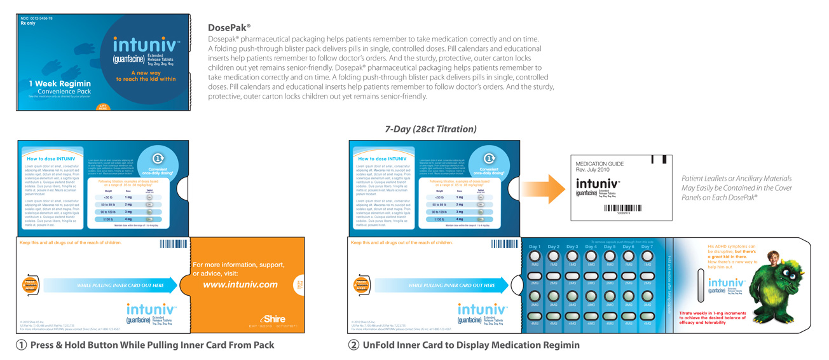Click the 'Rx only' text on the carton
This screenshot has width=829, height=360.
[28, 24]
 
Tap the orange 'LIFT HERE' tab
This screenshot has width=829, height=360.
[103, 107]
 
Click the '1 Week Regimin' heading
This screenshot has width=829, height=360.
[60, 83]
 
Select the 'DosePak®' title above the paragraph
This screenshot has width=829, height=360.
[229, 27]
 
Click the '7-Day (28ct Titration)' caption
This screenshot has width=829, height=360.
[430, 129]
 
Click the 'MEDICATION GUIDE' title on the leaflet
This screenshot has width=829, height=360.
[599, 163]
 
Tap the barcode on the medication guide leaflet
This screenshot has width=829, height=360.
[623, 208]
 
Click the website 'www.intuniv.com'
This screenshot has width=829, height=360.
[240, 284]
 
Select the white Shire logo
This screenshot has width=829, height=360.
[273, 319]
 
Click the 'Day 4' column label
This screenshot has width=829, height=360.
[591, 247]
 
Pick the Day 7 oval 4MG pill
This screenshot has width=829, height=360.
[647, 316]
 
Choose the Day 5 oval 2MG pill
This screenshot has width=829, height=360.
[610, 277]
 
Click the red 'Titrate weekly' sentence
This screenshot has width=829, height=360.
[712, 317]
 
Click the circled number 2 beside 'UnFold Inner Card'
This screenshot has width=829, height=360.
[353, 345]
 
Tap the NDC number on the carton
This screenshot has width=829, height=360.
[36, 18]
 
